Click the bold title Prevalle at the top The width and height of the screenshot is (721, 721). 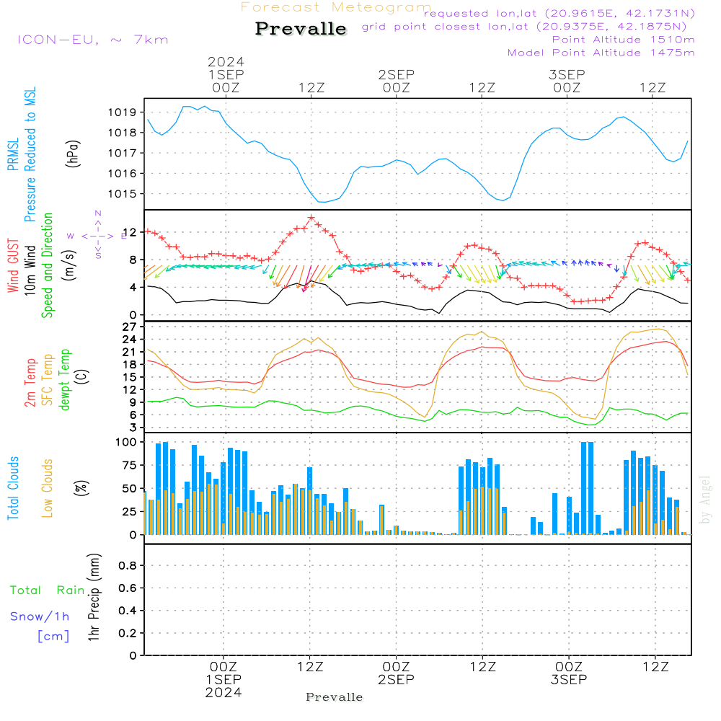point(301,29)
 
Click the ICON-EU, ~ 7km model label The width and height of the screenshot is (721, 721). point(92,40)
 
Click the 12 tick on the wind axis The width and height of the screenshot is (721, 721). point(131,232)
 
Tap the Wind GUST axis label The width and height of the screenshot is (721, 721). point(13,267)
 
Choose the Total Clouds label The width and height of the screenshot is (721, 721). point(13,488)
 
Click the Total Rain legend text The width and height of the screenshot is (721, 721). point(47,590)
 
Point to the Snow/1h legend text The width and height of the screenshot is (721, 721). point(40,616)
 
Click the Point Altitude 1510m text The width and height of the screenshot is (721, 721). point(623,39)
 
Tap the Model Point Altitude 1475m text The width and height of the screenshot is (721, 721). point(601,53)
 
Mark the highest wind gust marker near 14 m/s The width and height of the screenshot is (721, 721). point(311,218)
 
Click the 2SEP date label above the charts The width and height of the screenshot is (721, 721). point(396,74)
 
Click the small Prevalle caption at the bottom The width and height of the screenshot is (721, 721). point(335,697)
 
